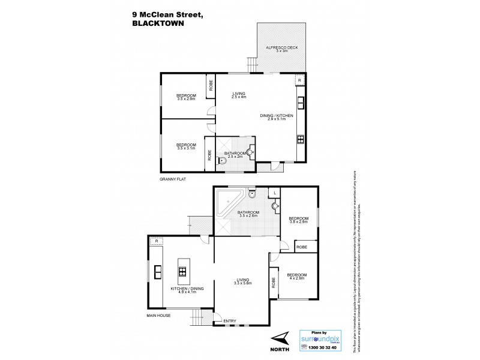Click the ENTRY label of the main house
point(230,321)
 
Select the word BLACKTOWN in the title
point(157,25)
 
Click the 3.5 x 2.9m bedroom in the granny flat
point(186,97)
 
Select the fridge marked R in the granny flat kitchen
point(298,80)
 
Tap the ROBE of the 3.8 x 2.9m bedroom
point(302,246)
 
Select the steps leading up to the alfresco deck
point(250,65)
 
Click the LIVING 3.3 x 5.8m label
point(242,281)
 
